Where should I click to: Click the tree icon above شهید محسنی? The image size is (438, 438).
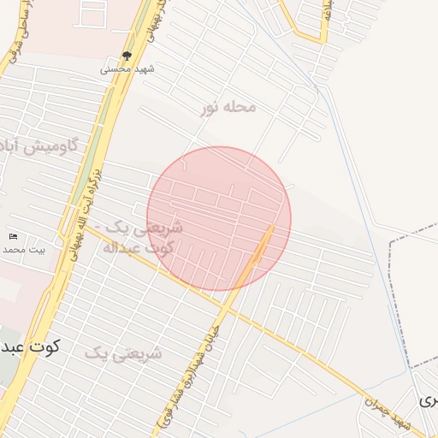click(x=127, y=56)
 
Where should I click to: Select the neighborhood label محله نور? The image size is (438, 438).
click(x=228, y=107)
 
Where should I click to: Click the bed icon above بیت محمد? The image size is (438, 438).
click(x=12, y=236)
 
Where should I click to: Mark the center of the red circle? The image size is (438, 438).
click(x=219, y=219)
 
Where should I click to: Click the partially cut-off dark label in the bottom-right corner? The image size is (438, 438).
click(x=428, y=400)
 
